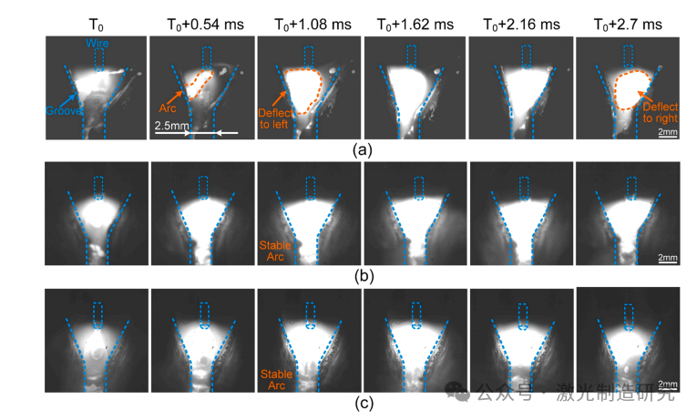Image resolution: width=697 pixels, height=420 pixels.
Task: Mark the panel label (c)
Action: (x=363, y=402)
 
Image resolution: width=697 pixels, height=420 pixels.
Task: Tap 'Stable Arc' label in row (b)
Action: (x=273, y=249)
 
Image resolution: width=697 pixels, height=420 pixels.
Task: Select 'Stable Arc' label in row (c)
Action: (x=275, y=379)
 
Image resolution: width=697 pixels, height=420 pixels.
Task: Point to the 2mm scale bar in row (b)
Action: (x=667, y=260)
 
